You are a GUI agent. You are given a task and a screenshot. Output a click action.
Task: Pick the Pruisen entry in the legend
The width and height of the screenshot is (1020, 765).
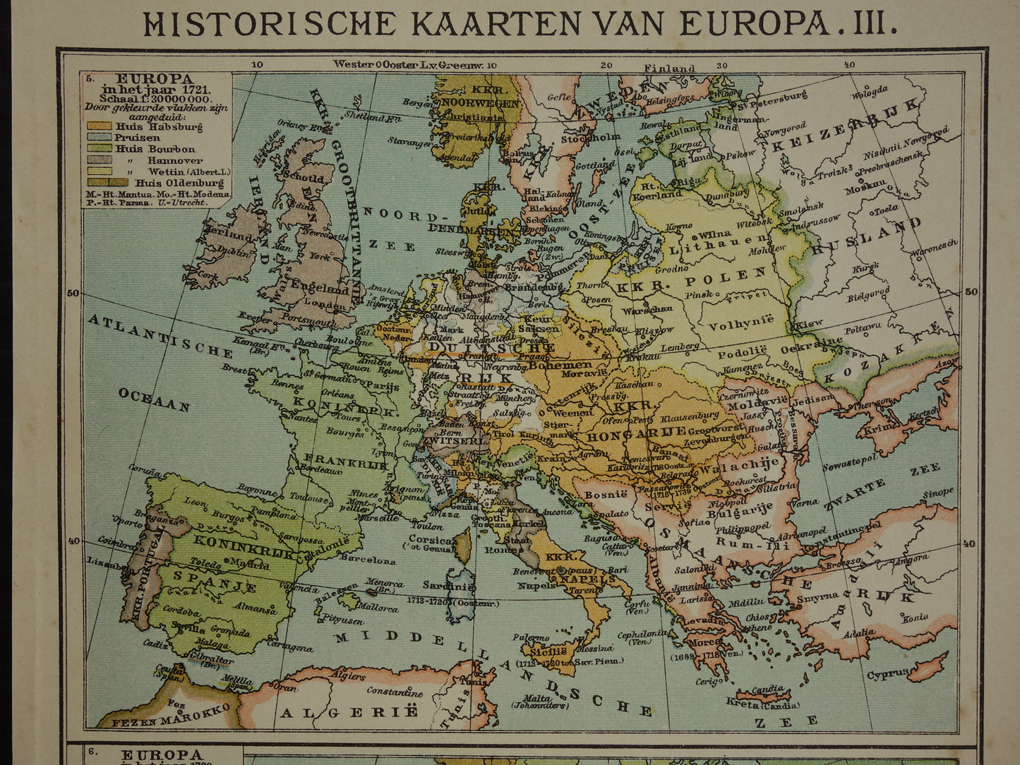click(x=128, y=138)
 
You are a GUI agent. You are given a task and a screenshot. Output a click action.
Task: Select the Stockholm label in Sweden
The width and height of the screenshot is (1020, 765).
click(x=600, y=138)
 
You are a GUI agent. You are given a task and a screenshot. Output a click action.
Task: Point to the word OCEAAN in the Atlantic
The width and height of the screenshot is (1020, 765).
click(x=154, y=399)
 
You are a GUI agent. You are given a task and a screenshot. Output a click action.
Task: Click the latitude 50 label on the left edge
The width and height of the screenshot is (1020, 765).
click(x=72, y=293)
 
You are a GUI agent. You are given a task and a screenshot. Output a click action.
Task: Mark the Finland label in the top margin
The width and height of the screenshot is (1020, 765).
click(x=669, y=68)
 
